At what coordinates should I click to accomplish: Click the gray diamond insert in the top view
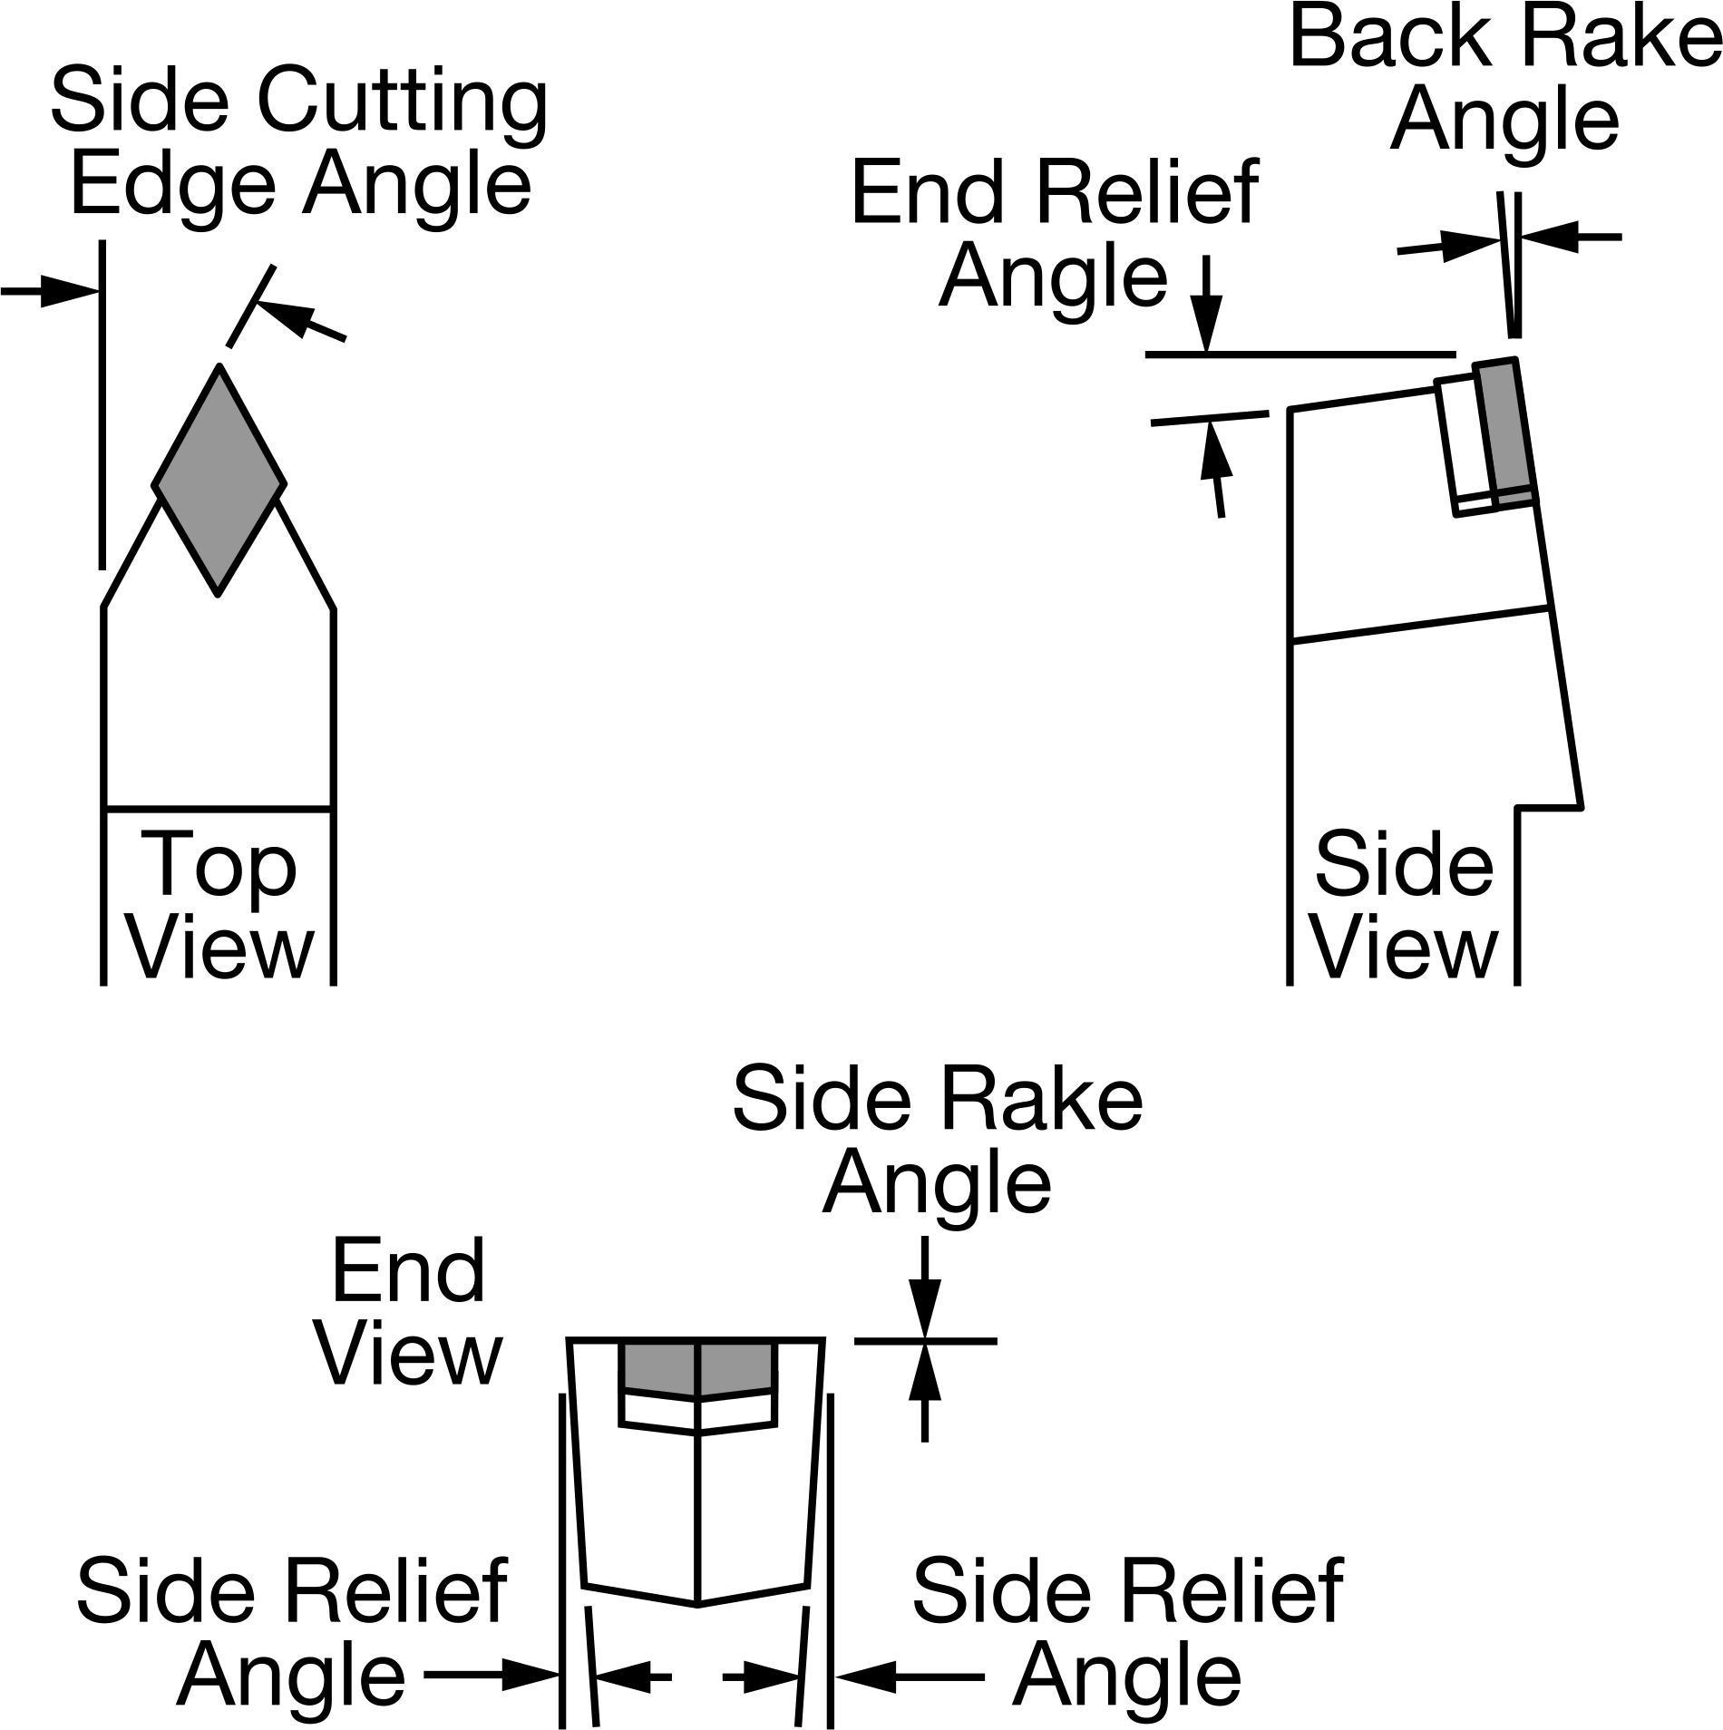(x=219, y=480)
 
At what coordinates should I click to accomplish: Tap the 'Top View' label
(x=220, y=906)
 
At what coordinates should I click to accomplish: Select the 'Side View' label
(x=1405, y=906)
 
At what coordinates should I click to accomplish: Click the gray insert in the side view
(x=1504, y=432)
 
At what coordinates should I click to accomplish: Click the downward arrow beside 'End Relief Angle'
(x=1206, y=304)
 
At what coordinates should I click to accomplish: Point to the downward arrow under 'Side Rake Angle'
(x=924, y=1288)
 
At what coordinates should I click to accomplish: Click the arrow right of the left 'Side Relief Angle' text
(x=491, y=1677)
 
